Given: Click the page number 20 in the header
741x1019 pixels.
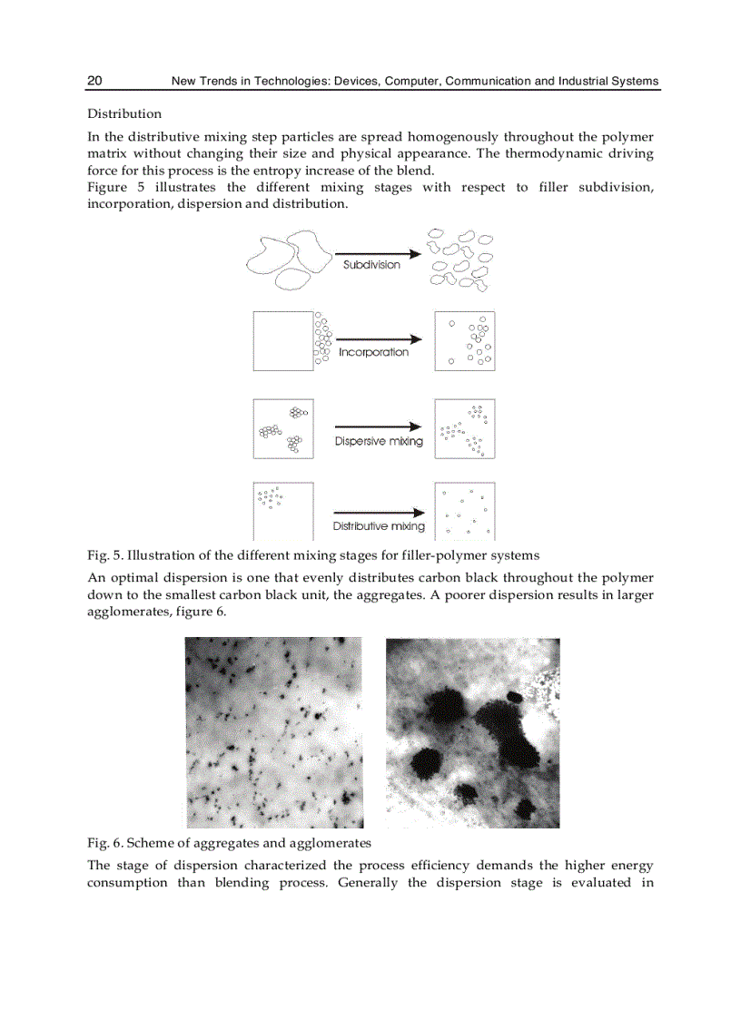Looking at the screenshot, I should click(x=94, y=81).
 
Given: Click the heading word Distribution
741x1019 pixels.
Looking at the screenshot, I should click(x=124, y=113).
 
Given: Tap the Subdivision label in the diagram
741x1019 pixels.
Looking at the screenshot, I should click(x=370, y=265).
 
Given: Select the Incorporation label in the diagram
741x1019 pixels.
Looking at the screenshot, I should click(x=373, y=352).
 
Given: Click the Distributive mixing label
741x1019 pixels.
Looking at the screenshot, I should click(x=379, y=526).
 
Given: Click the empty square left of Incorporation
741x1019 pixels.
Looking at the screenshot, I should click(x=282, y=340).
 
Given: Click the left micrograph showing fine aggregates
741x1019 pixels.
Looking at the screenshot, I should click(x=274, y=732).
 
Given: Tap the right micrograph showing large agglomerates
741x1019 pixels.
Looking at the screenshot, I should click(x=472, y=732).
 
